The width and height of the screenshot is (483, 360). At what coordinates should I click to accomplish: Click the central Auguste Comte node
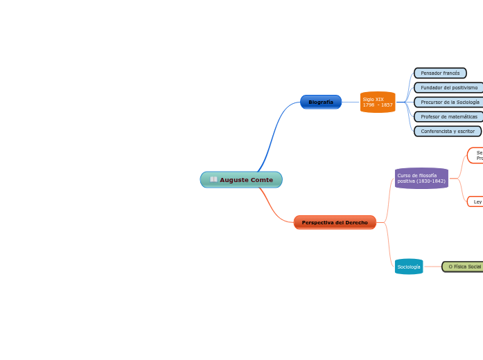point(241,180)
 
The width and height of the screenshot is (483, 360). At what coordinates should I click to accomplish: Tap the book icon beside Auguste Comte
point(213,180)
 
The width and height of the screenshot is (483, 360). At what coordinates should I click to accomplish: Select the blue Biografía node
point(320,102)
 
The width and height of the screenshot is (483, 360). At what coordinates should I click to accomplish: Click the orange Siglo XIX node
point(378,102)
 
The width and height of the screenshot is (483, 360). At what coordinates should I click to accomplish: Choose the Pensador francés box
point(440,73)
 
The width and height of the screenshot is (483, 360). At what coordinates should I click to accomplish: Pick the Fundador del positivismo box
point(448,87)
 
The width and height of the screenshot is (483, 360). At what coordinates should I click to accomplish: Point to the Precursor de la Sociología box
point(448,102)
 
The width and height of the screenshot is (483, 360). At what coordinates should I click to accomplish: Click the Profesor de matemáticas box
point(448,116)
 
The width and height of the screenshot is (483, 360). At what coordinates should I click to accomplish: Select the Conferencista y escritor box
point(447,131)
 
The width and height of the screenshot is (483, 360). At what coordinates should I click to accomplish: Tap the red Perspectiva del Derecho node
point(335,222)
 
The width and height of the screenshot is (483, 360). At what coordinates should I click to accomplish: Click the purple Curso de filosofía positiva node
point(421,178)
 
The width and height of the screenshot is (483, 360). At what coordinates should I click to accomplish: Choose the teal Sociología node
point(409,267)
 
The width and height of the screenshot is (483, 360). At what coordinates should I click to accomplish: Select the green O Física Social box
point(463,267)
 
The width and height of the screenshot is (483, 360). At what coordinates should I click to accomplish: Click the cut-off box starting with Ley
point(476,201)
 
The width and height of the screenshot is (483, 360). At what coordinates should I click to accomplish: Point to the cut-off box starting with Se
point(477,155)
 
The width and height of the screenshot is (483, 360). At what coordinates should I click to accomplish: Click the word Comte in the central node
point(261,180)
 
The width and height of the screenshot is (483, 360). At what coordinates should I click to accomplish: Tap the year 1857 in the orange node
point(387,105)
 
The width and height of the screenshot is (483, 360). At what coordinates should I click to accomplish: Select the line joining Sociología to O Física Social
point(432,267)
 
